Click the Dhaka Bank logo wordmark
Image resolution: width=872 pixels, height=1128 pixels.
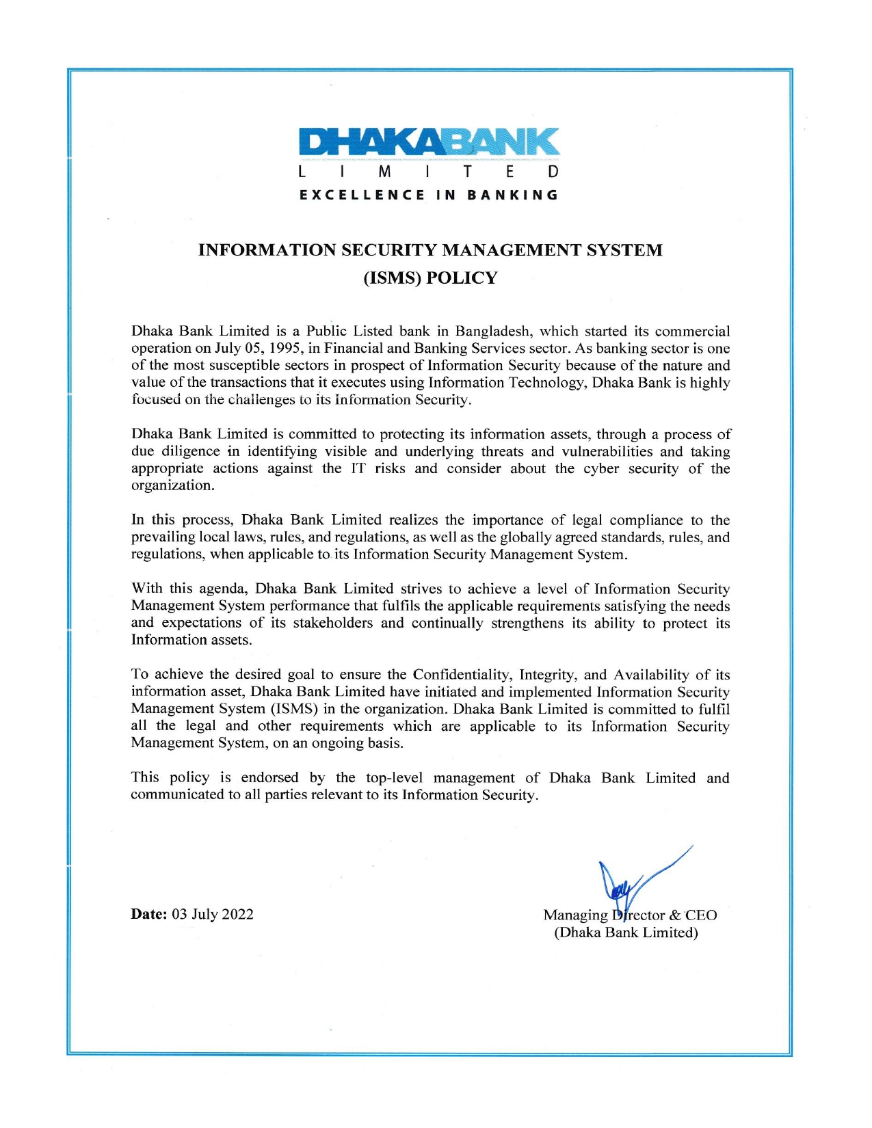429,142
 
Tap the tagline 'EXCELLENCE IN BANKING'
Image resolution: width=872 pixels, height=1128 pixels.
429,195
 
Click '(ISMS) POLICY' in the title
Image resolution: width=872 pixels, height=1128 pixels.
430,278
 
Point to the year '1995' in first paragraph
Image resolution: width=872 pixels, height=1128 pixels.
285,349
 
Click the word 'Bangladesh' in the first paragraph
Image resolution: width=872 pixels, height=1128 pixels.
493,332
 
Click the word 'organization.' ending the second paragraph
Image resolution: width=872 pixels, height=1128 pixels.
172,486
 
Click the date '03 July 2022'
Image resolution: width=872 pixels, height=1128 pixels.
213,915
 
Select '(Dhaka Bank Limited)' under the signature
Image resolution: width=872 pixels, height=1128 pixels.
626,933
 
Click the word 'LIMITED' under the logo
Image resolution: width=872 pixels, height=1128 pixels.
429,172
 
